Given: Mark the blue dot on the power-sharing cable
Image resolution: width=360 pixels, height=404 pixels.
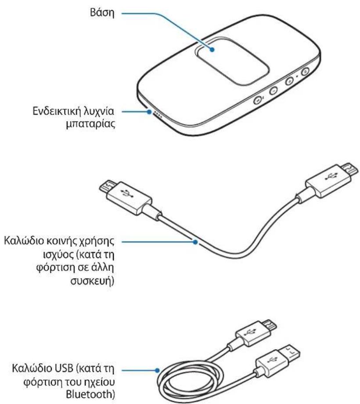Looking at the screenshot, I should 193,241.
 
